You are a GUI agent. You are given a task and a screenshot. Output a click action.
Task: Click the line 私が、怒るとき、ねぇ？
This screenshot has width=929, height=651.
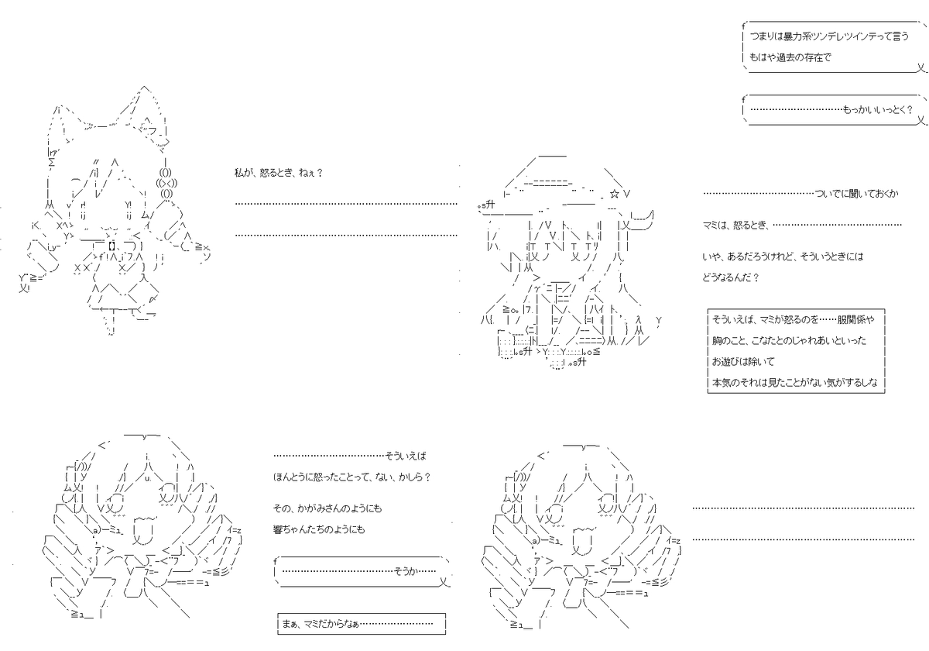pos(278,173)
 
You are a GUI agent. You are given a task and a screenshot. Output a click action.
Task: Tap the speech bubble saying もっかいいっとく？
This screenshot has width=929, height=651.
pos(834,109)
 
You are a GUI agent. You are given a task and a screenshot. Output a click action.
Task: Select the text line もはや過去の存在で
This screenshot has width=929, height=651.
pos(790,57)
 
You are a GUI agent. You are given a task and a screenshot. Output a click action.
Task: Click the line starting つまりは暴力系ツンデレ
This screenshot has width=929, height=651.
pos(829,36)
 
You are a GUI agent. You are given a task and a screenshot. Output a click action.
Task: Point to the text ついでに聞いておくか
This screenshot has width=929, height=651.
pos(856,194)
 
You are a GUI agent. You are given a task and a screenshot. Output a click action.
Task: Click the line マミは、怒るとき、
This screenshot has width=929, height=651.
pos(735,225)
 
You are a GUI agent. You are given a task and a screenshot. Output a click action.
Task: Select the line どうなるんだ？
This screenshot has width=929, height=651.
pos(730,277)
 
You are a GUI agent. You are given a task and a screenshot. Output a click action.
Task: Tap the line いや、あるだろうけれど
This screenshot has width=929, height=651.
pos(783,257)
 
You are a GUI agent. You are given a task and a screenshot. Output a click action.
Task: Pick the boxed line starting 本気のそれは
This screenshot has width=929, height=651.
pos(794,382)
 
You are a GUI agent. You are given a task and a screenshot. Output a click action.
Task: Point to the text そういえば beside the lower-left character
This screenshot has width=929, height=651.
pos(406,456)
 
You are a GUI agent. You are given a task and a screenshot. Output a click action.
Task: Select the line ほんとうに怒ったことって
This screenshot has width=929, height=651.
pos(351,477)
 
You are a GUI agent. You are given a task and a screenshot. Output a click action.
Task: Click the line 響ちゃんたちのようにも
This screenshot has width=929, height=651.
pos(319,529)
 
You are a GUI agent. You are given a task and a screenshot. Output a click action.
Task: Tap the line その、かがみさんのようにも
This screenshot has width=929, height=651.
pos(327,508)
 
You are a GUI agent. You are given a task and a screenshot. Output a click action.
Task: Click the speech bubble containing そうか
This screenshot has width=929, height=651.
pos(362,572)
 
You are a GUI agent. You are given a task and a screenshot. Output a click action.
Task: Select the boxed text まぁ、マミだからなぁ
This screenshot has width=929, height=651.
pos(321,623)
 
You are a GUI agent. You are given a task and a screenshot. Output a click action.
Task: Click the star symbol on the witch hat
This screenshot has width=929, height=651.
pos(615,194)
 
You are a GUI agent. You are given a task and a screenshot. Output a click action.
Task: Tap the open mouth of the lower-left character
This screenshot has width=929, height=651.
pos(143,532)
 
